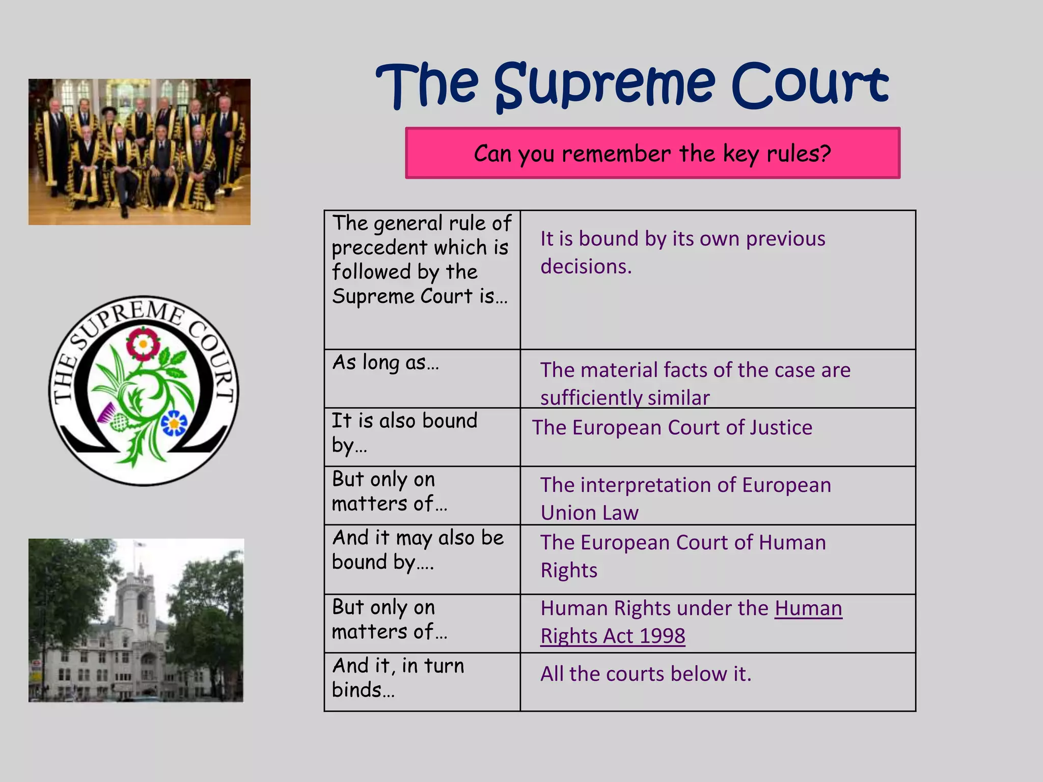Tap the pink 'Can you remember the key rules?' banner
pyautogui.click(x=652, y=153)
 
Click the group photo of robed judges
pyautogui.click(x=139, y=152)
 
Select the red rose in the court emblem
pyautogui.click(x=143, y=344)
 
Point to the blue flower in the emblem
pyautogui.click(x=174, y=423)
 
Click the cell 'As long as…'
pyautogui.click(x=386, y=362)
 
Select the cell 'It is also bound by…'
pyautogui.click(x=404, y=433)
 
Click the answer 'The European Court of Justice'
pyautogui.click(x=672, y=428)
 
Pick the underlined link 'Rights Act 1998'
pyautogui.click(x=613, y=636)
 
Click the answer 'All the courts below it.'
pyautogui.click(x=646, y=674)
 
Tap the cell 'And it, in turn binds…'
pyautogui.click(x=398, y=678)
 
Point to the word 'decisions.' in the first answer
pyautogui.click(x=586, y=266)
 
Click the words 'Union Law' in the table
pyautogui.click(x=589, y=513)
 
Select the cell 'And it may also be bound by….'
pyautogui.click(x=418, y=550)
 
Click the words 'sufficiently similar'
pyautogui.click(x=624, y=398)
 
